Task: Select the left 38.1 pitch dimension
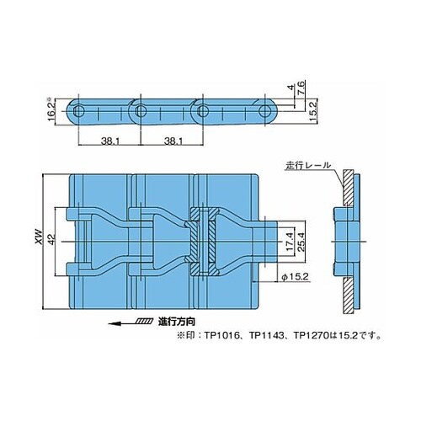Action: (x=110, y=141)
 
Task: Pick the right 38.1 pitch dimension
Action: (x=173, y=141)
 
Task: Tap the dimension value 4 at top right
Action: (x=292, y=88)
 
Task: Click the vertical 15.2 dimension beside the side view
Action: (x=313, y=111)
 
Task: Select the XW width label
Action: (x=39, y=237)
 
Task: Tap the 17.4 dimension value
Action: (x=290, y=242)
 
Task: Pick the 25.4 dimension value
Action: (x=300, y=242)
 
